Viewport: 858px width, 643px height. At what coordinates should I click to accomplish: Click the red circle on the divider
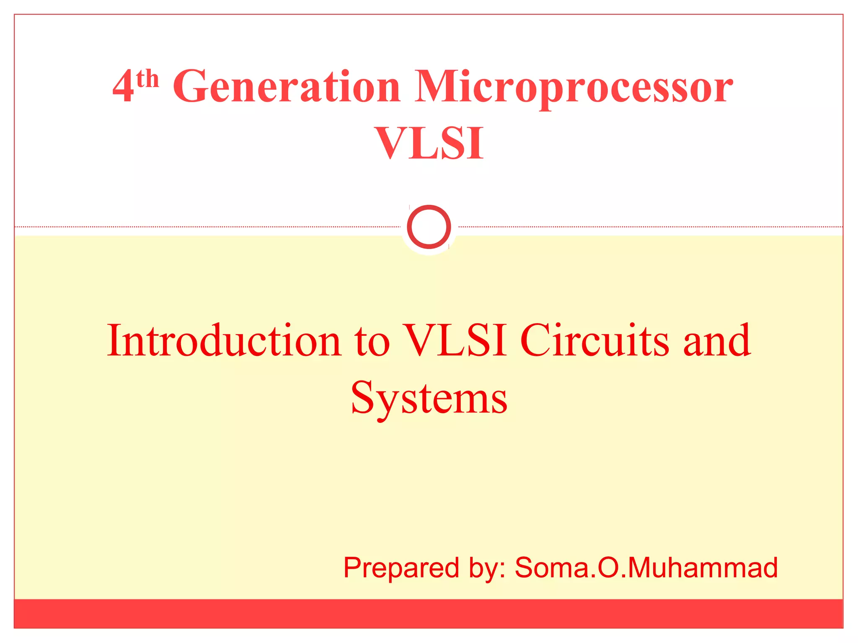(429, 226)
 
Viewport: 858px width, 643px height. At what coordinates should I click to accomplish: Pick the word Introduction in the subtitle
(224, 341)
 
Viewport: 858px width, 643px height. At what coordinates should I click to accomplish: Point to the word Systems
(429, 398)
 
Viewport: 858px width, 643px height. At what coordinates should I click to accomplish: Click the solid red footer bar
(429, 613)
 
